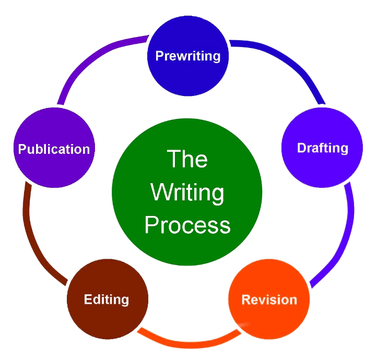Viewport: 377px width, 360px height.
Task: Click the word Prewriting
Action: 188,56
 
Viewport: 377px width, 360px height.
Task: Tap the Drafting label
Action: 322,148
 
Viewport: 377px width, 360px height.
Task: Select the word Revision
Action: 269,299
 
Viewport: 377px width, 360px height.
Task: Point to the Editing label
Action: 107,299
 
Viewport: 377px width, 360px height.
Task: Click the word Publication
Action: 54,149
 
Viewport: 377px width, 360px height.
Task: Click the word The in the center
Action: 187,159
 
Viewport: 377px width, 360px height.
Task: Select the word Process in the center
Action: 187,225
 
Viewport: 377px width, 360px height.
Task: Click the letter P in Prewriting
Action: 159,56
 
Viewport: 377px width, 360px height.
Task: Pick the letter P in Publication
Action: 22,149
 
